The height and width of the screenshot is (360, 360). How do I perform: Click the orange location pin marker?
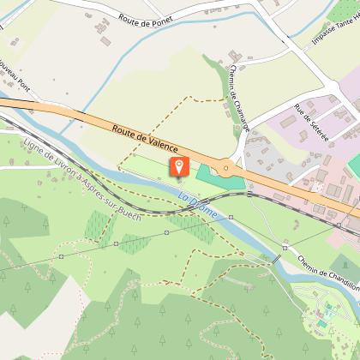[179, 166]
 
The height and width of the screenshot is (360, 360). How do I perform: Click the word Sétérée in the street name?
[316, 128]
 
